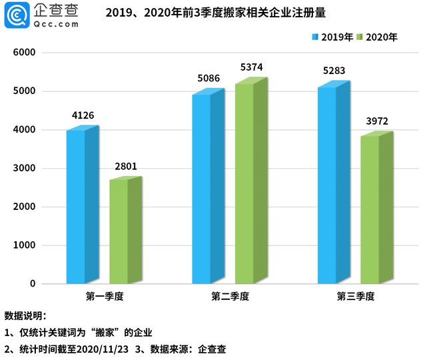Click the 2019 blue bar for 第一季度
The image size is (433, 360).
coord(76,207)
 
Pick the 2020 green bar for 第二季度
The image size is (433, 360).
coord(244,183)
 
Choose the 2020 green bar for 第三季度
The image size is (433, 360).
coord(370,209)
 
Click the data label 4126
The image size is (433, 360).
coord(83,115)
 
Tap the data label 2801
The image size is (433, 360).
coord(125,166)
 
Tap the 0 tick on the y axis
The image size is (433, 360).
coord(31,284)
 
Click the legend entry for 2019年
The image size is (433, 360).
coord(332,37)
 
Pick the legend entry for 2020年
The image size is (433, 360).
coord(377,37)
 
